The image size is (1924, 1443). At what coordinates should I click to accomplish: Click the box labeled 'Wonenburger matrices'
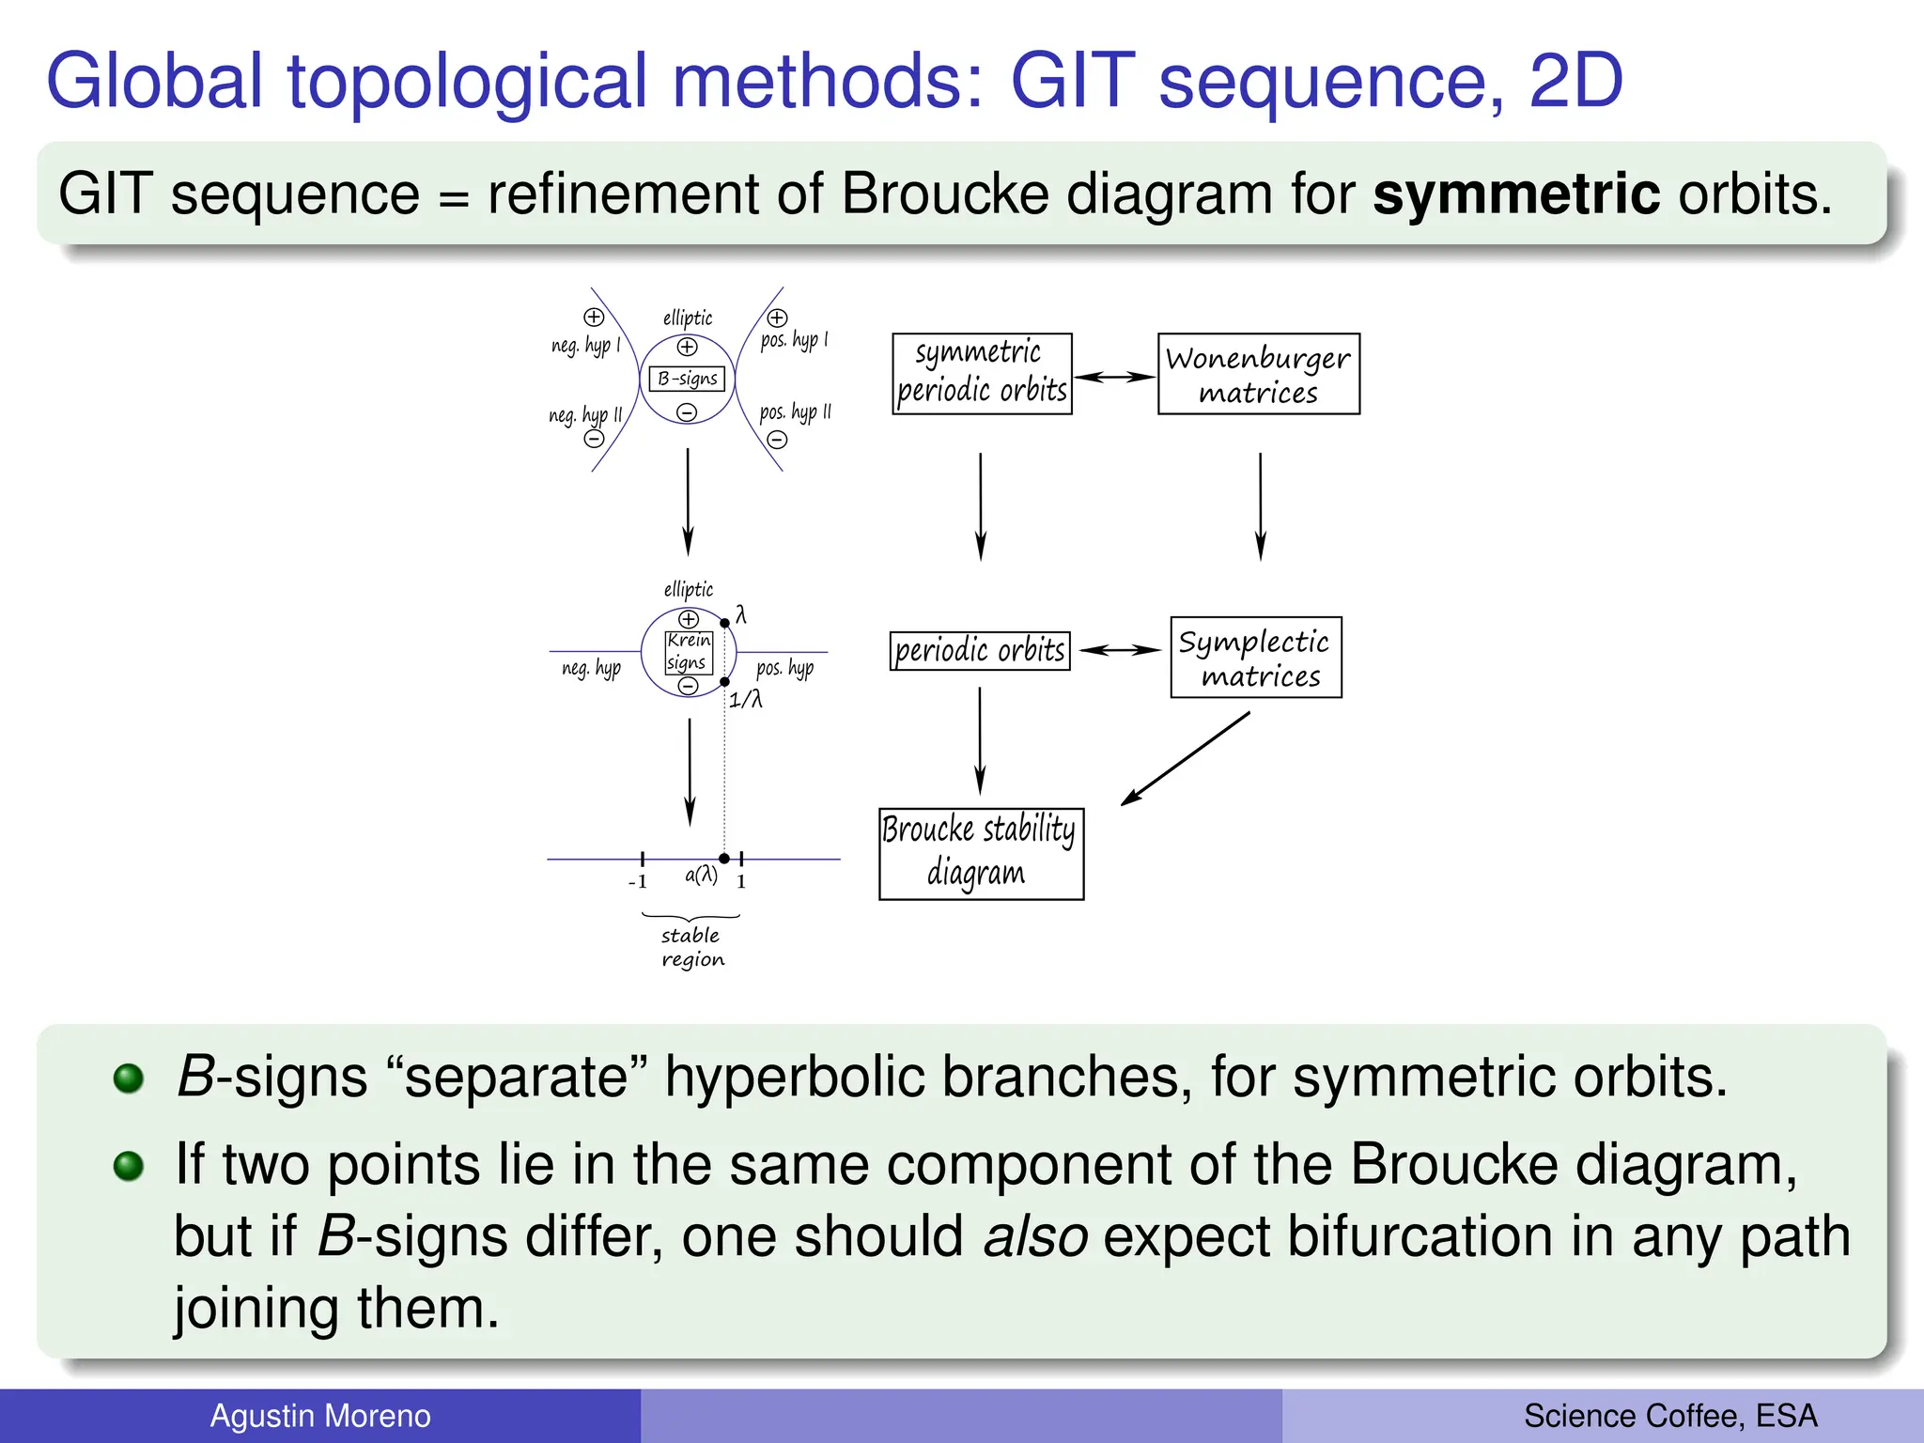1258,374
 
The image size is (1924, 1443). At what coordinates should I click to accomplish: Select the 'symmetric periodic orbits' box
982,374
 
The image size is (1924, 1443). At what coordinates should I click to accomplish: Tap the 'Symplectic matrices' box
1255,658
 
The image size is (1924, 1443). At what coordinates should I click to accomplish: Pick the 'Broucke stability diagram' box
981,853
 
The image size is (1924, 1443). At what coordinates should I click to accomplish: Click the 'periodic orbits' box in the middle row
980,650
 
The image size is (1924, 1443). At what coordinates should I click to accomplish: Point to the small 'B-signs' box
687,379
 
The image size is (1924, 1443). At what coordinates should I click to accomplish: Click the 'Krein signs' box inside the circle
689,651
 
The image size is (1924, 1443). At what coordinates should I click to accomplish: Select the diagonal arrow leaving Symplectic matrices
1186,758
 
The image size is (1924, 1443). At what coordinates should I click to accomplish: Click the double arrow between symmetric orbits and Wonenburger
1114,377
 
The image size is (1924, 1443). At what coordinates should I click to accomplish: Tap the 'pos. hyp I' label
794,339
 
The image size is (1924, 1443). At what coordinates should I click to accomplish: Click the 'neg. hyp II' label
585,415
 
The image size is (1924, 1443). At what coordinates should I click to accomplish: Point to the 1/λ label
746,699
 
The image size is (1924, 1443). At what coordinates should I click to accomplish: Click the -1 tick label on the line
638,881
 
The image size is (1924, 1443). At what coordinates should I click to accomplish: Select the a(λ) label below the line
701,876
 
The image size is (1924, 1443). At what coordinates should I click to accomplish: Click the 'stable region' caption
692,947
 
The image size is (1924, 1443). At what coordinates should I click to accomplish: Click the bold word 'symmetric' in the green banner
1515,194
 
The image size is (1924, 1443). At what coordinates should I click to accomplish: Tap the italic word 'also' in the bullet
1035,1236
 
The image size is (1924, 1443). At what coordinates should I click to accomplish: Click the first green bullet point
129,1078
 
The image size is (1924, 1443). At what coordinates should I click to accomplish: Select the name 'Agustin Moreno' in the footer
319,1416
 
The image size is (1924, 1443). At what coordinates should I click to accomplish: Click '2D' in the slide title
1575,82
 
